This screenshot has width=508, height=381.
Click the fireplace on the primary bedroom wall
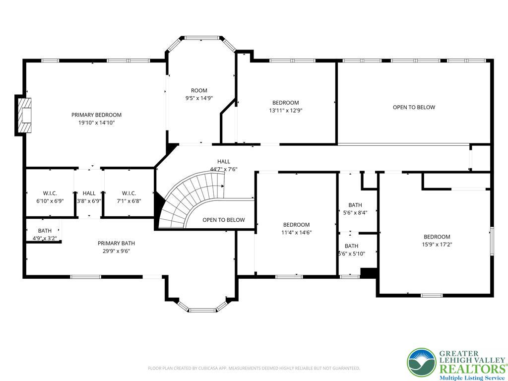coord(24,115)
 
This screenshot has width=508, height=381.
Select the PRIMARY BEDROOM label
coord(97,115)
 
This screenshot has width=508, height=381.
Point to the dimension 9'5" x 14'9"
coord(199,98)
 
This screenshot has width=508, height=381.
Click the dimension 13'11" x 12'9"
coord(285,110)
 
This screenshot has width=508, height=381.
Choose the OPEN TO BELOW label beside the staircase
coord(224,220)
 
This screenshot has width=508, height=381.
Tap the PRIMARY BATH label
coord(116,243)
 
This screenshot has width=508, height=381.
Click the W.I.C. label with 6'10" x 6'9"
coord(50,193)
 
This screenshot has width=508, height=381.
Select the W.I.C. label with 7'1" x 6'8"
coord(129,193)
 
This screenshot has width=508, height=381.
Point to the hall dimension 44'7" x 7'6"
coord(224,169)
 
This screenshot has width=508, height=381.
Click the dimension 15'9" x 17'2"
coord(437,245)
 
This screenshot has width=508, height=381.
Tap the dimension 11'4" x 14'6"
coord(297,232)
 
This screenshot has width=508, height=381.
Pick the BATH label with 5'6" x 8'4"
coord(355,205)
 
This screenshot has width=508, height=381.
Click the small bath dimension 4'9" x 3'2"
coord(45,239)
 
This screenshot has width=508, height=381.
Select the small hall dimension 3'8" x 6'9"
coord(89,201)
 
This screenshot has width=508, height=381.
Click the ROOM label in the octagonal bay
coord(199,90)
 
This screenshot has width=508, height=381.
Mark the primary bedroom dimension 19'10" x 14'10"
coord(97,123)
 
